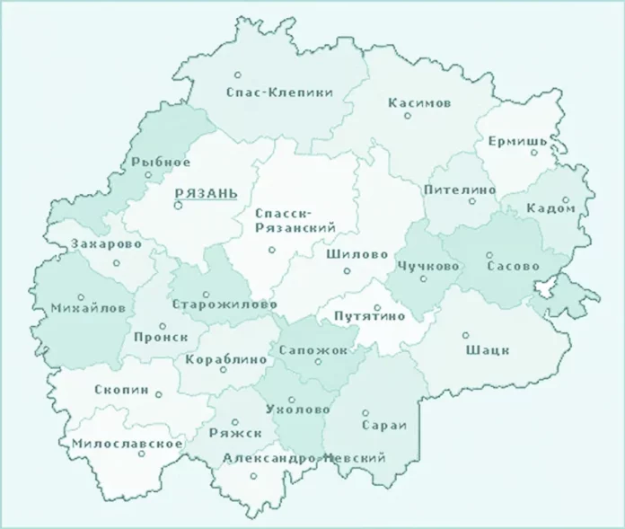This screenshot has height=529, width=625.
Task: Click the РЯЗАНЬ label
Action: pos(206,193)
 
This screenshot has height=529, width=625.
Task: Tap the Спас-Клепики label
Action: pos(267,93)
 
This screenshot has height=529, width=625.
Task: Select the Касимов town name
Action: pos(419,103)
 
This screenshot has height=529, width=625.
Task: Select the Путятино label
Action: pos(369,316)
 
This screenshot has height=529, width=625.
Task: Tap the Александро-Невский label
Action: pos(304,458)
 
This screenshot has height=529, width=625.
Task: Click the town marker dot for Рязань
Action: pos(178,206)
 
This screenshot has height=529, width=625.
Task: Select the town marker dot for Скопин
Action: pos(159,393)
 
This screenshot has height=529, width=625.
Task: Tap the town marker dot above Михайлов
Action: pos(81,297)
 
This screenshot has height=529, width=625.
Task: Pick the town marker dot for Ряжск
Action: pos(235,421)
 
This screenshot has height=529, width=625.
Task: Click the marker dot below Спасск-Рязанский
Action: pos(272,251)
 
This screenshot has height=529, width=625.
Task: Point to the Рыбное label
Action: pos(161,162)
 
